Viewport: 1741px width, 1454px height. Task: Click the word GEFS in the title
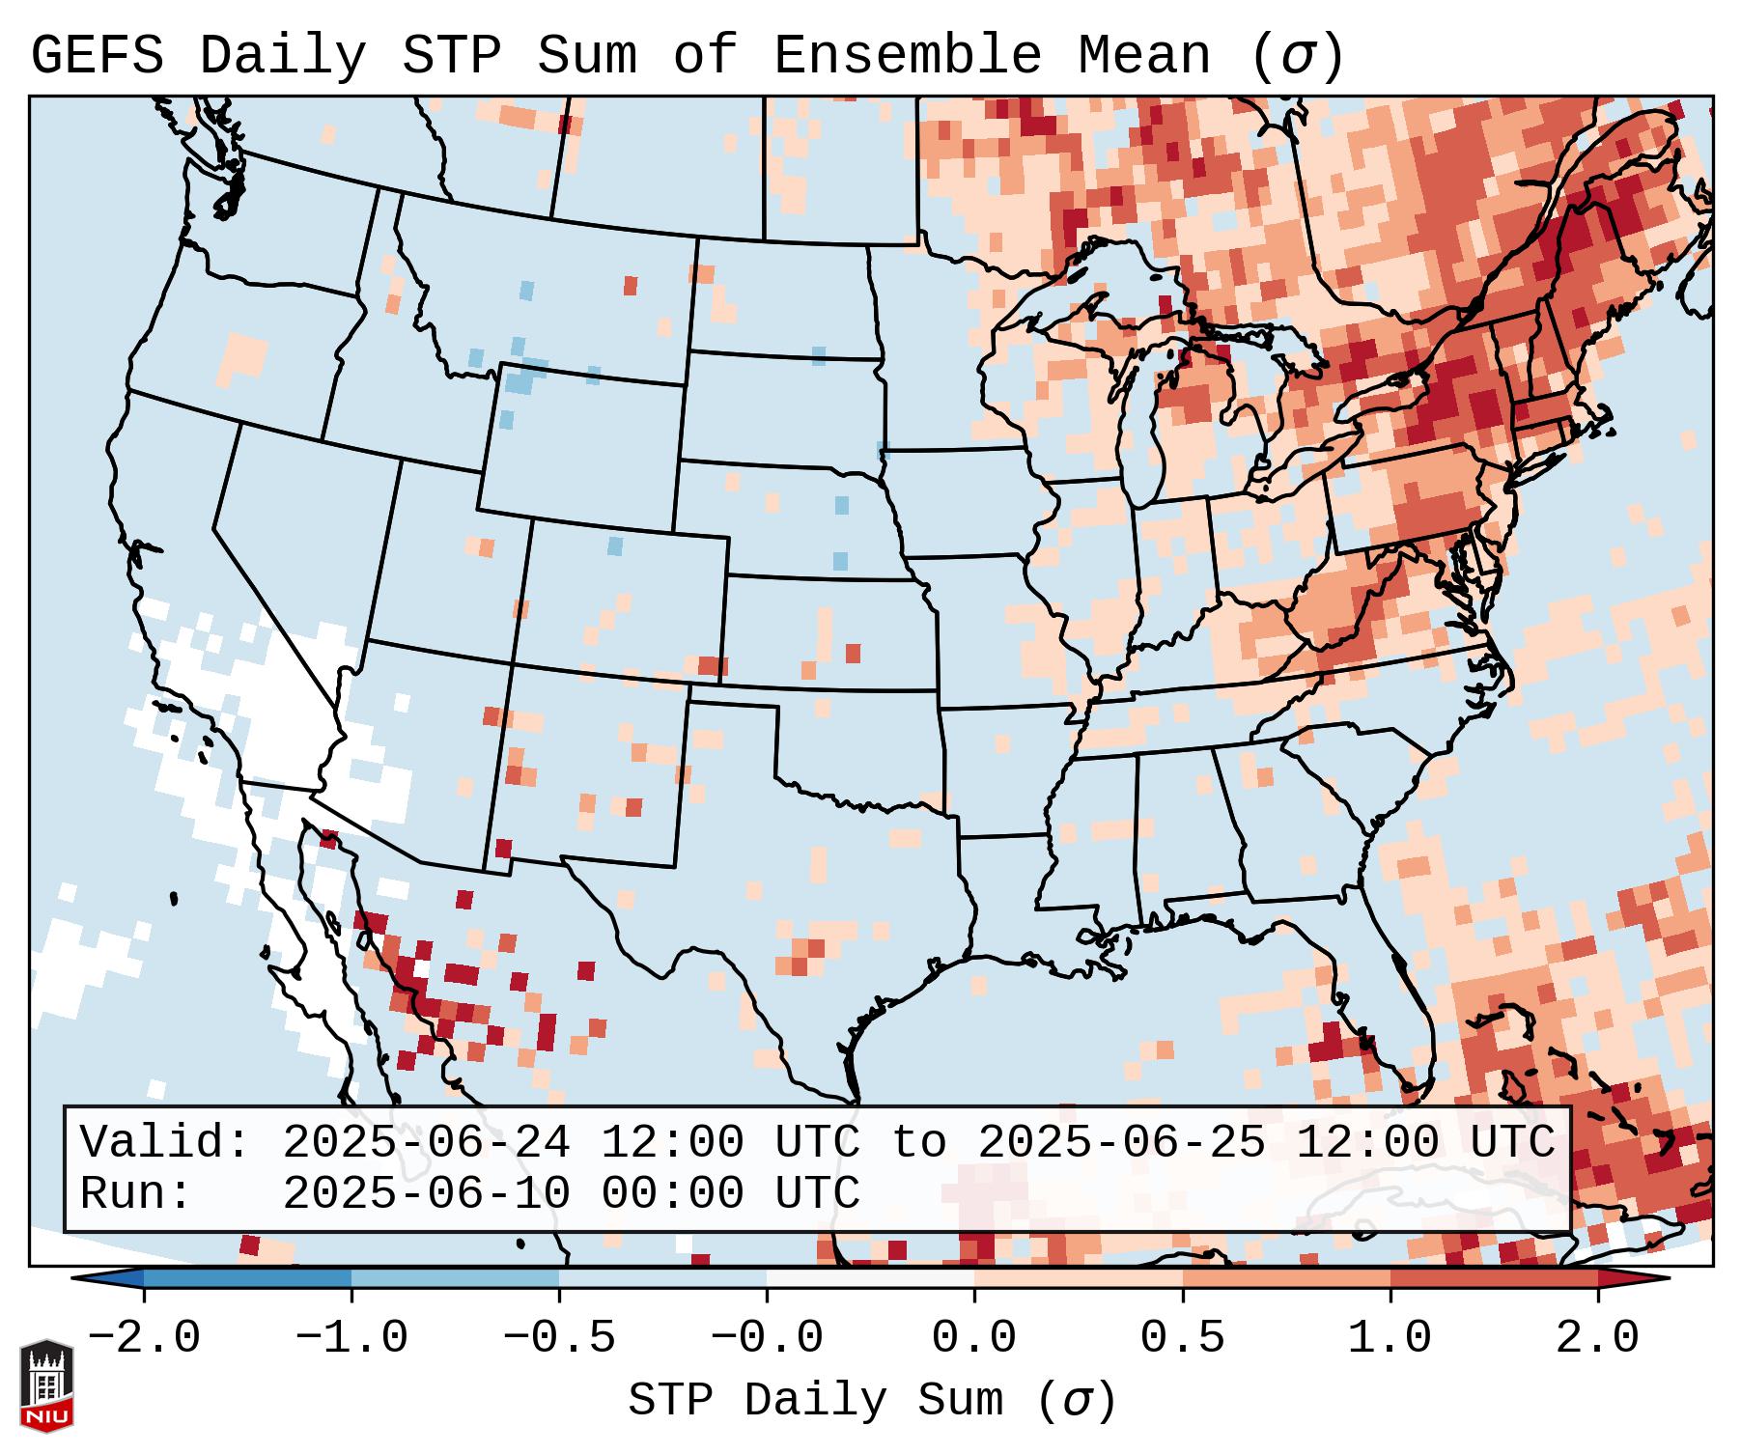click(x=97, y=56)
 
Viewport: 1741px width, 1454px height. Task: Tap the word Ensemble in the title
click(x=907, y=56)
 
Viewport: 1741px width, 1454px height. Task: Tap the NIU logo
click(x=46, y=1385)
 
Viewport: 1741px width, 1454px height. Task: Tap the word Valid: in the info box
click(x=165, y=1143)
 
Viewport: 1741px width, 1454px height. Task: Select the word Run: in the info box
click(x=136, y=1194)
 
